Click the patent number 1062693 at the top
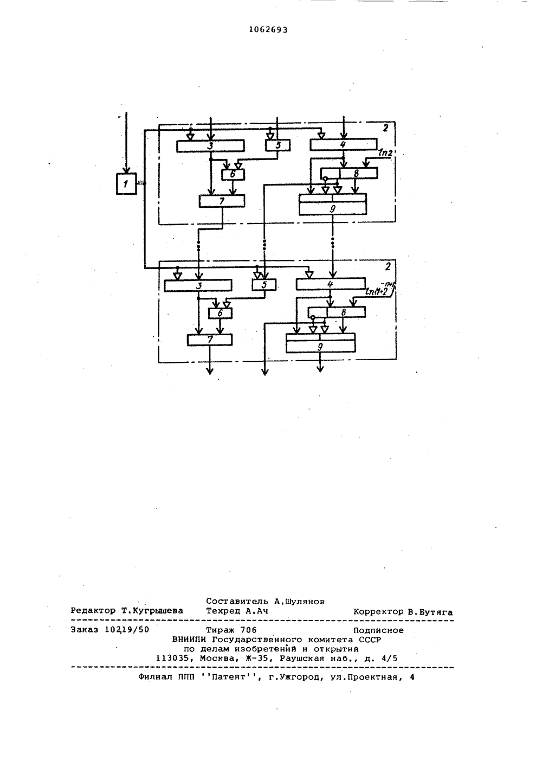268,30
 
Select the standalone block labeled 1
126,184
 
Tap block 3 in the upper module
210,146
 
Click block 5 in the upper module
278,145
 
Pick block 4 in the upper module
344,144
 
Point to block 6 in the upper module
233,175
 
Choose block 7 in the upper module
222,201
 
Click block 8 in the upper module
349,173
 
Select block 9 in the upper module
333,204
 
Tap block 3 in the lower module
198,285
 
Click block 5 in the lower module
264,285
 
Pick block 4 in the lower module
331,284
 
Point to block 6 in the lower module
221,314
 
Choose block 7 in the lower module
210,340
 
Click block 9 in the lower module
321,343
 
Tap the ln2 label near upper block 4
385,153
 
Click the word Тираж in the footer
221,630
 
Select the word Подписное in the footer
378,630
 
